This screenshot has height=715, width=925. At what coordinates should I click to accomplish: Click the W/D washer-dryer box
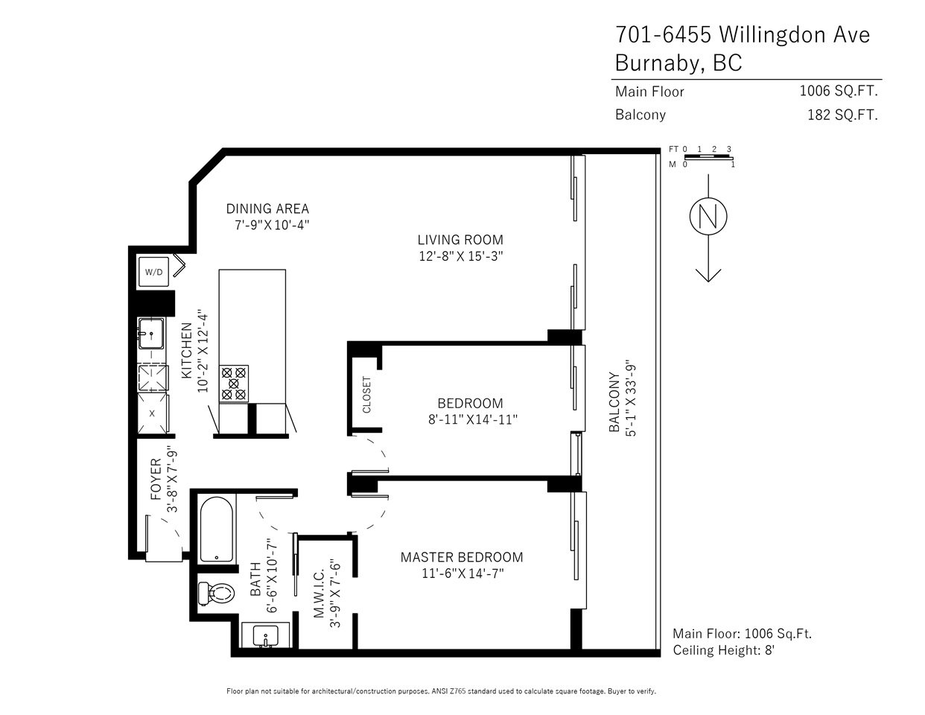153,272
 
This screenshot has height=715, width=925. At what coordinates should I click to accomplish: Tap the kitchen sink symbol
150,334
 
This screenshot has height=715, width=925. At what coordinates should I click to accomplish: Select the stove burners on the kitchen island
234,384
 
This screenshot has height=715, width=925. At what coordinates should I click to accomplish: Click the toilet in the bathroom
217,594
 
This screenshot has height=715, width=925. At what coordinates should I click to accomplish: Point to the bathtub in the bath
217,529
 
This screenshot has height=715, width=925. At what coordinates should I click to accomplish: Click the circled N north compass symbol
708,216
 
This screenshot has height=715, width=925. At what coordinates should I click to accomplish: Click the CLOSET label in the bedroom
366,395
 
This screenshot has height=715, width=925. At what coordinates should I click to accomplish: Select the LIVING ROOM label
460,240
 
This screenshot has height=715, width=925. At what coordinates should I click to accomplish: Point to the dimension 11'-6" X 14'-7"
462,573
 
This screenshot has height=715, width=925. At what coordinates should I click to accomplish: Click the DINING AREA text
267,209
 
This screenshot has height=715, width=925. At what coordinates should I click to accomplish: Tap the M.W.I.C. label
319,594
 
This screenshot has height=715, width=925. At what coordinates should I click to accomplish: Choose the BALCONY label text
614,402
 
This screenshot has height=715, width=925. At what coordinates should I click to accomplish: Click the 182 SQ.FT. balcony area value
842,115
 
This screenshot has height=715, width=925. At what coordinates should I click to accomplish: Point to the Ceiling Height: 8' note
723,651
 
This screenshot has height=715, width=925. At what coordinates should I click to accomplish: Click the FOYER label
156,479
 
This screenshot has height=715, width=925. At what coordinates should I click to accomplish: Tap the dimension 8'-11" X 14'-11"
472,419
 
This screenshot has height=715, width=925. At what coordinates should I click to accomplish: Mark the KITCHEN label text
187,351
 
